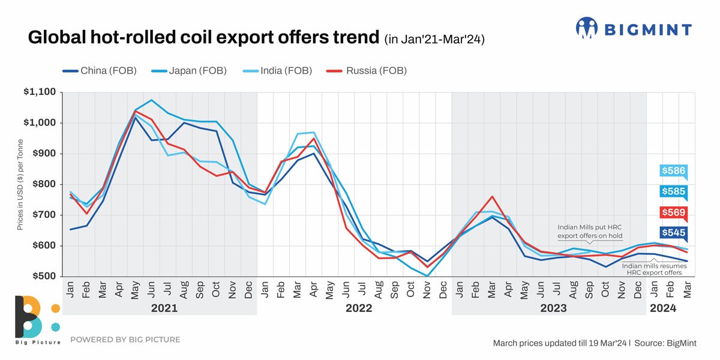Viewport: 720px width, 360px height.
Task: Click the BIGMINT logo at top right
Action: pyautogui.click(x=634, y=28)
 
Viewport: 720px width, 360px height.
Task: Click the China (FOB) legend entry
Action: pyautogui.click(x=100, y=71)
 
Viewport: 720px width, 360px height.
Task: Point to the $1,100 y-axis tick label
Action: pyautogui.click(x=39, y=92)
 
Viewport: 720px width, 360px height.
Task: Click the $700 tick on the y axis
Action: pyautogui.click(x=43, y=215)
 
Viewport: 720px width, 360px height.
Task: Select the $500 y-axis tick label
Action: pyautogui.click(x=43, y=277)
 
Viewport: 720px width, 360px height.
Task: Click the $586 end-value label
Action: pyautogui.click(x=673, y=171)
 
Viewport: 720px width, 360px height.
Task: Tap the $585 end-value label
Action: pyautogui.click(x=673, y=192)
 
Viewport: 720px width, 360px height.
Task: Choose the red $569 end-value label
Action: pyautogui.click(x=673, y=212)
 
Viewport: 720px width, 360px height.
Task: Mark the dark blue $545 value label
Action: pyautogui.click(x=673, y=233)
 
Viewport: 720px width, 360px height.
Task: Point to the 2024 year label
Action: pyautogui.click(x=663, y=308)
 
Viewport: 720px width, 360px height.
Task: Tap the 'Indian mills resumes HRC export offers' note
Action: pyautogui.click(x=651, y=269)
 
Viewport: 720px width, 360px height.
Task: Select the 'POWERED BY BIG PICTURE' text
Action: pyautogui.click(x=125, y=340)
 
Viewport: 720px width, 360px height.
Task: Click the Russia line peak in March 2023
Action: pyautogui.click(x=491, y=197)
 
